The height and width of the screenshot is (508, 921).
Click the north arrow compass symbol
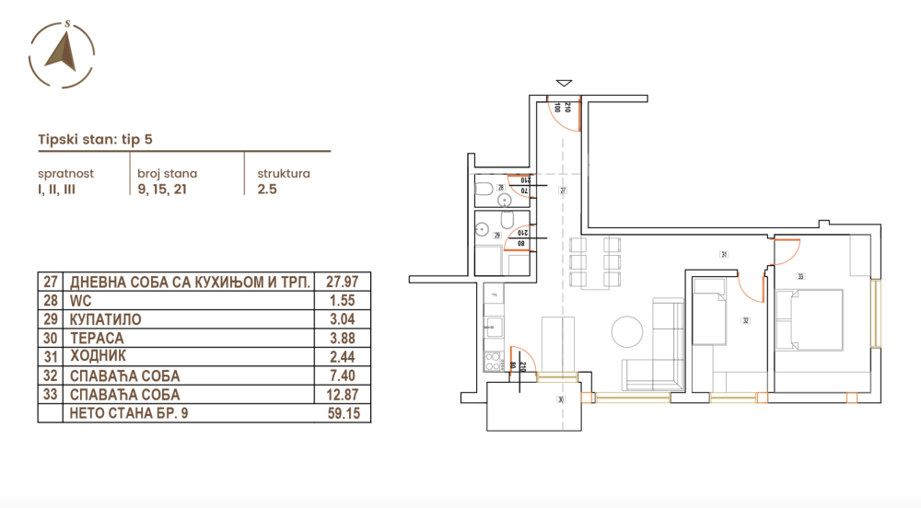(x=63, y=52)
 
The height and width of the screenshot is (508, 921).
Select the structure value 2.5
(x=267, y=190)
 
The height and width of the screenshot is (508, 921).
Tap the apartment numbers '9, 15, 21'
(x=164, y=190)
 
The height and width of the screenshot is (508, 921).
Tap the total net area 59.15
(x=344, y=414)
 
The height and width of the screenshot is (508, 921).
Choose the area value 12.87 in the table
(x=344, y=395)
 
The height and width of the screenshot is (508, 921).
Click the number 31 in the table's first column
(x=51, y=357)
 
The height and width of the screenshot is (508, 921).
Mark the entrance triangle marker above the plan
(x=564, y=85)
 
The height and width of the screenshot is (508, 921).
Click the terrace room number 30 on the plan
(x=559, y=399)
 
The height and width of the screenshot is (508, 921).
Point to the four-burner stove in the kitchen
(x=494, y=360)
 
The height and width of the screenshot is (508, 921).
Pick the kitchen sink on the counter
(x=494, y=325)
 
